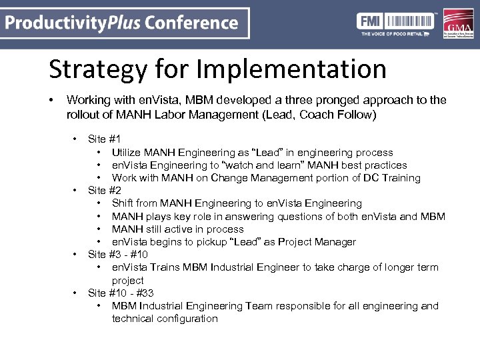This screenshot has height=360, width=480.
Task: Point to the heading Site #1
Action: click(104, 139)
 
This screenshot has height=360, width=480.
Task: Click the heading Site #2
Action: click(104, 191)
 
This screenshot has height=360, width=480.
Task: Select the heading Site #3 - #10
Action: click(118, 255)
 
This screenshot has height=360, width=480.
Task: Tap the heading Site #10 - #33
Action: click(121, 293)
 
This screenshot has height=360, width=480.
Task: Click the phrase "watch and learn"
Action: click(237, 165)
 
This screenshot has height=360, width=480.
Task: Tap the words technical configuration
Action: click(165, 319)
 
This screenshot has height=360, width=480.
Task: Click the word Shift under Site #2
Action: click(123, 203)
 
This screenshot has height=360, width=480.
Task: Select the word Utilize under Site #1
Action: click(128, 153)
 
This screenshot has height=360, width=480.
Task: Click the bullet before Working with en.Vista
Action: click(51, 100)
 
